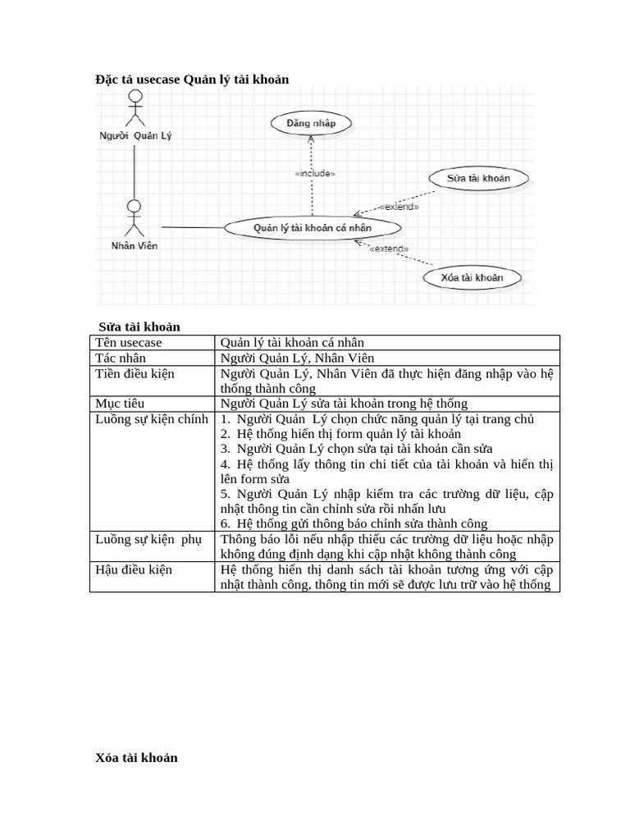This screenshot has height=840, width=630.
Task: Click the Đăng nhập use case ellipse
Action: [x=311, y=124]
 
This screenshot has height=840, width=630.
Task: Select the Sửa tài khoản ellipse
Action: [x=478, y=178]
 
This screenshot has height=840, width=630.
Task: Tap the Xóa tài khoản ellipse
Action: [x=472, y=277]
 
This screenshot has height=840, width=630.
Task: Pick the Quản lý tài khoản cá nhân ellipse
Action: [x=313, y=227]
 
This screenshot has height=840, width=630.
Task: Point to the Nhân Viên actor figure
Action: [x=135, y=217]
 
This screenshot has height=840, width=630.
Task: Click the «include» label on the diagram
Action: [x=314, y=173]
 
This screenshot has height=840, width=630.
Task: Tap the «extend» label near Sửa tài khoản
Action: [x=399, y=207]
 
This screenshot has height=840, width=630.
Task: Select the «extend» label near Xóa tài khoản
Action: [x=389, y=249]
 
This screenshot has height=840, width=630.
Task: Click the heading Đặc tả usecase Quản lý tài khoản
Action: [x=192, y=79]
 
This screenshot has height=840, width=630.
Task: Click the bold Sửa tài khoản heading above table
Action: [x=139, y=326]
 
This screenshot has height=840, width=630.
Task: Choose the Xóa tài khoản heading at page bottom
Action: [x=136, y=757]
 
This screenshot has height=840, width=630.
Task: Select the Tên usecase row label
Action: [x=129, y=342]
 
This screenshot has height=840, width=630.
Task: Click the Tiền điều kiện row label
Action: [x=135, y=373]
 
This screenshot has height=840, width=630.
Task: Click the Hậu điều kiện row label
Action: [x=134, y=569]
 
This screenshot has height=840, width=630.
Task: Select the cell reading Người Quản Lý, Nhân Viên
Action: [x=297, y=358]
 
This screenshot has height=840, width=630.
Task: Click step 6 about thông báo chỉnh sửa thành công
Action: [x=354, y=523]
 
